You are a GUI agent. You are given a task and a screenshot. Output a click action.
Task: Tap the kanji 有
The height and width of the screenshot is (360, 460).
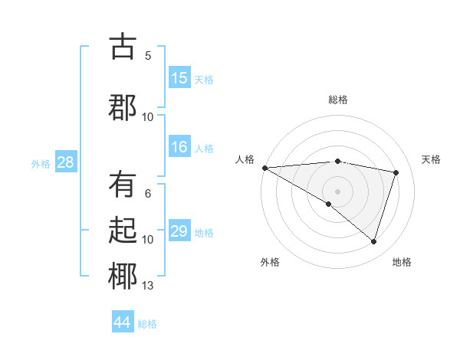pos(123,186)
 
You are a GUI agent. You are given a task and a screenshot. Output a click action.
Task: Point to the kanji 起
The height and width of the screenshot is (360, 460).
pos(123,231)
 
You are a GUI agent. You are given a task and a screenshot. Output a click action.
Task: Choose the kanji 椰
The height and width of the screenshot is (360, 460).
pos(123,276)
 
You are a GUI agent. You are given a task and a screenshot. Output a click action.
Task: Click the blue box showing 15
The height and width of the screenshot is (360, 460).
pos(179,78)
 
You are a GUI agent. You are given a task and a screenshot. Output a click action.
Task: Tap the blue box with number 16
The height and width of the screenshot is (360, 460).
pos(179,147)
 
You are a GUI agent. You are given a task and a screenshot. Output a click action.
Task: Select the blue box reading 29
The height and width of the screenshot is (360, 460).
pos(179,231)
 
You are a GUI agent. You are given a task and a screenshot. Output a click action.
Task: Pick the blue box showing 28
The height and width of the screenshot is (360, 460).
pos(65,162)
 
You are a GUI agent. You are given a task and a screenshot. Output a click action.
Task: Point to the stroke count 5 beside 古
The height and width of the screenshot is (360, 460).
pos(148,56)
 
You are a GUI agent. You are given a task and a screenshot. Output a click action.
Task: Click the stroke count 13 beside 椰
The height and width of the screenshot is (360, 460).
pos(148,286)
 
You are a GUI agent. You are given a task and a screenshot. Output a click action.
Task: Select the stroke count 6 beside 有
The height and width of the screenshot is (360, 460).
pos(148,195)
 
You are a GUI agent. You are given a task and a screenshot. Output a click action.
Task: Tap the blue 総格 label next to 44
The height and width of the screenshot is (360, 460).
pos(147,324)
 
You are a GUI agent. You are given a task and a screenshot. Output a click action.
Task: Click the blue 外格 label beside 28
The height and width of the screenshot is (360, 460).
pos(41,163)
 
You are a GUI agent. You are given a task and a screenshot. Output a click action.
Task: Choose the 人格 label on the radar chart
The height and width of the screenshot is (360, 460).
pos(245,159)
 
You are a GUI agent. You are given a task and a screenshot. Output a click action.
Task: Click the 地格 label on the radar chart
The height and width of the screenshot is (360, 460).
pos(402,262)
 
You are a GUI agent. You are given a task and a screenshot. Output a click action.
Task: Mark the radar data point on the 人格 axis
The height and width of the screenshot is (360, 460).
pos(264,168)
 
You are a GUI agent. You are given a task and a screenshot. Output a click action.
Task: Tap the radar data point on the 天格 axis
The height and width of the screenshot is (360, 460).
pos(396,172)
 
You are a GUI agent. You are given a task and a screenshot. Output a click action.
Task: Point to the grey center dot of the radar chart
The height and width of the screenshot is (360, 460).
pos(337,190)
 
